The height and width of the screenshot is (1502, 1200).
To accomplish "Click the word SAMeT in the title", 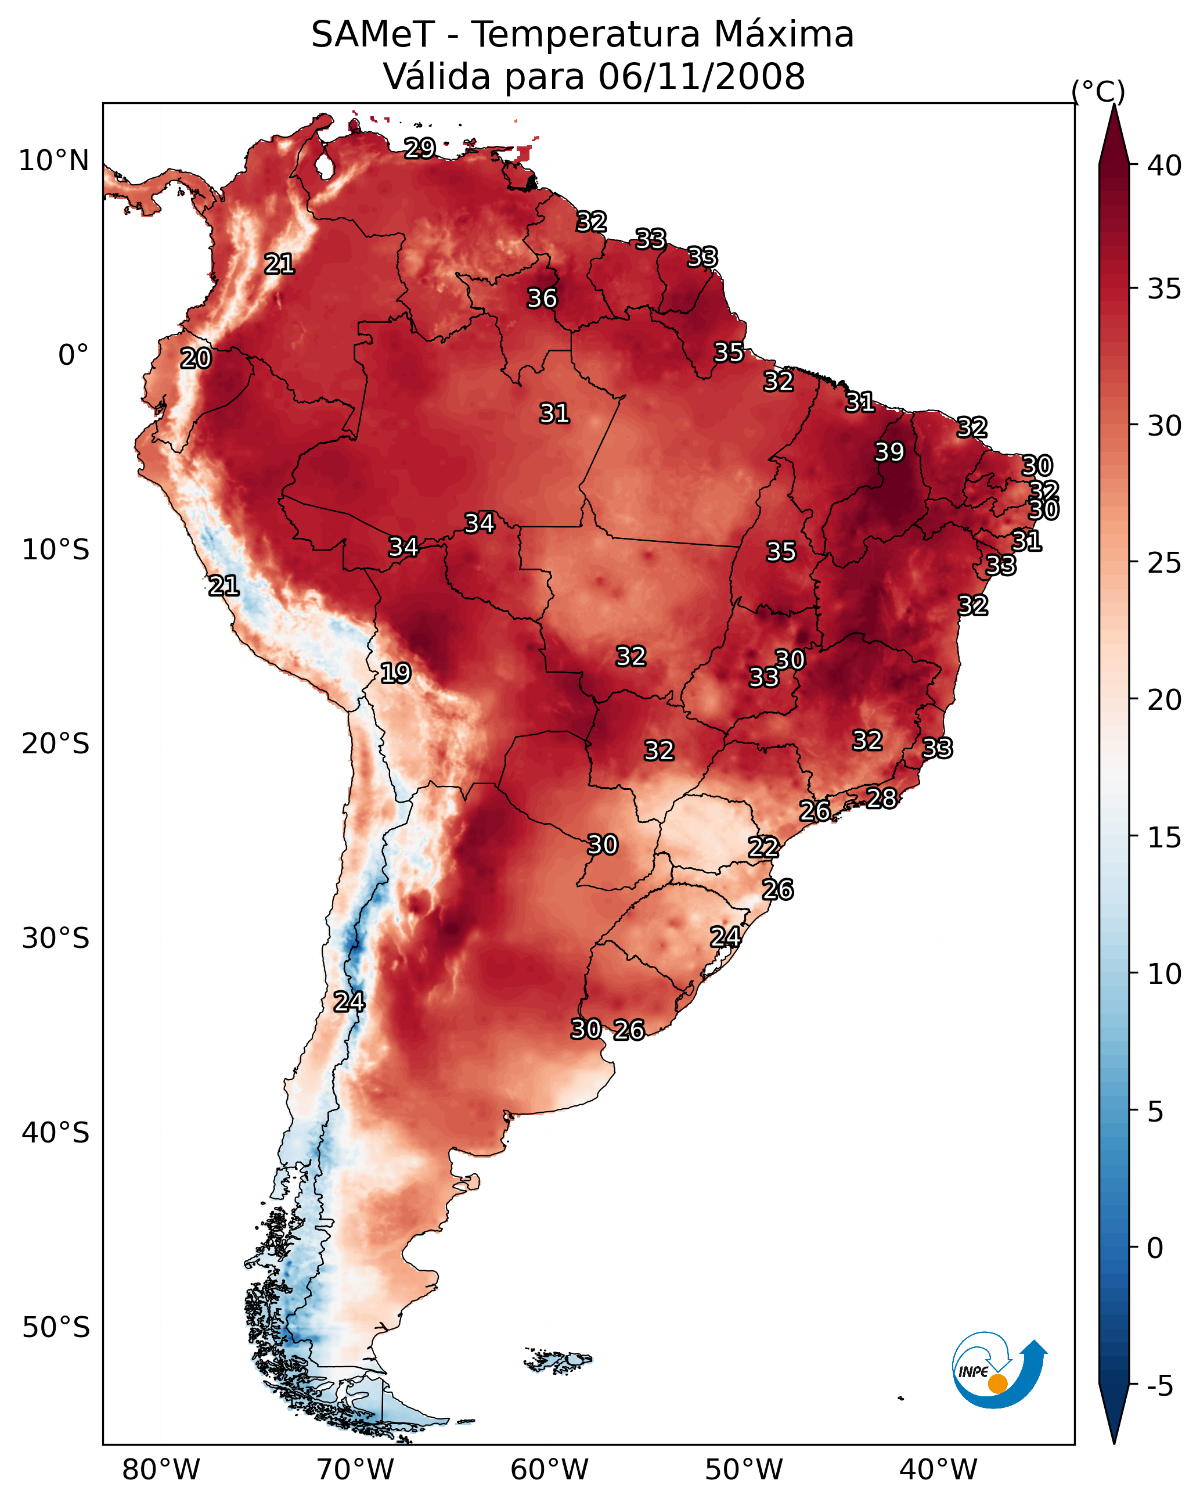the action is click(x=373, y=35).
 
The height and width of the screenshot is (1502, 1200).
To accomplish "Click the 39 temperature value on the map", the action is click(x=889, y=452).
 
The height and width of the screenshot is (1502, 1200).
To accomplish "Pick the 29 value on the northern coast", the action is click(x=420, y=148).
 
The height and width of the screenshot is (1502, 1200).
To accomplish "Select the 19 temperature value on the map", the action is click(x=395, y=673).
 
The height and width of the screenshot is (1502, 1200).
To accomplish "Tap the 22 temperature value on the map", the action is click(x=763, y=847).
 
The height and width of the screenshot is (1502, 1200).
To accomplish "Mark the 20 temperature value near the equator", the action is click(x=196, y=358).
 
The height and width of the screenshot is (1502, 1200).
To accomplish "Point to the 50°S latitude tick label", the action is click(x=56, y=1328).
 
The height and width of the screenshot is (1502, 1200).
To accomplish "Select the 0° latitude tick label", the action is click(x=74, y=355).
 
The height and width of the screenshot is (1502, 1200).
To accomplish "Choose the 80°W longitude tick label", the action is click(x=161, y=1469).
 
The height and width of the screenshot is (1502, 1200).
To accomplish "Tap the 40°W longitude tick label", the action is click(x=938, y=1469).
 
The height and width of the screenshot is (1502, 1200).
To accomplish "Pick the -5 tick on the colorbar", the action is click(x=1161, y=1386).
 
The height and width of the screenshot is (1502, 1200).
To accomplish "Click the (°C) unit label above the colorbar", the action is click(x=1098, y=92).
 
